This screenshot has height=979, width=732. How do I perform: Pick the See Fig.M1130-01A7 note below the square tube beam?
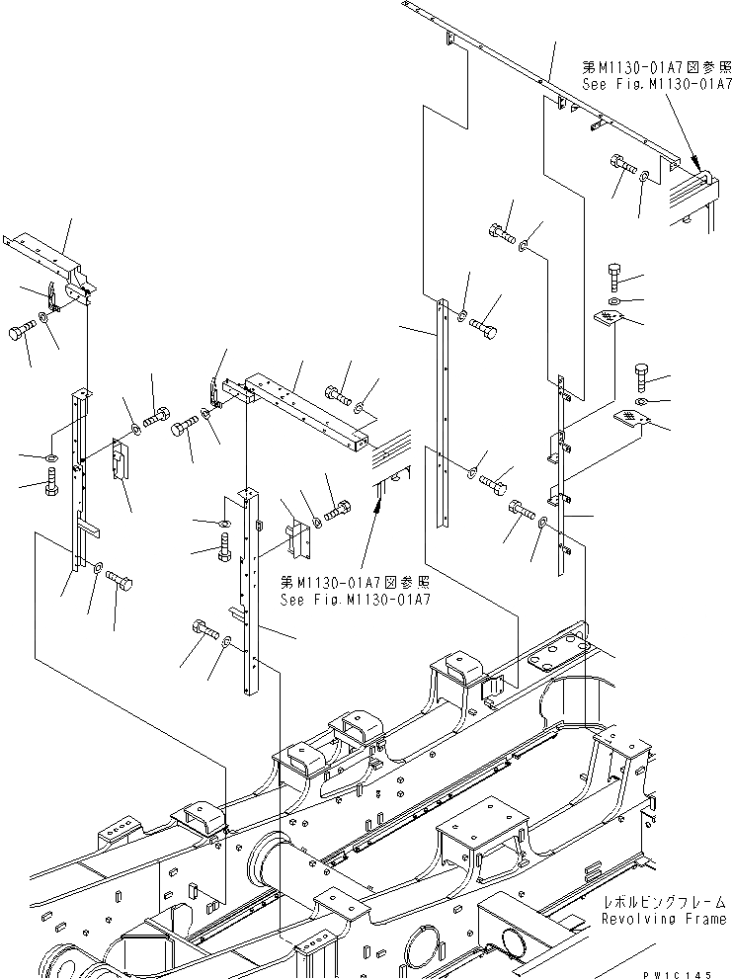(x=354, y=600)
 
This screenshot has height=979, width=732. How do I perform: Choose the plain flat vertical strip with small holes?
(x=441, y=415)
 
